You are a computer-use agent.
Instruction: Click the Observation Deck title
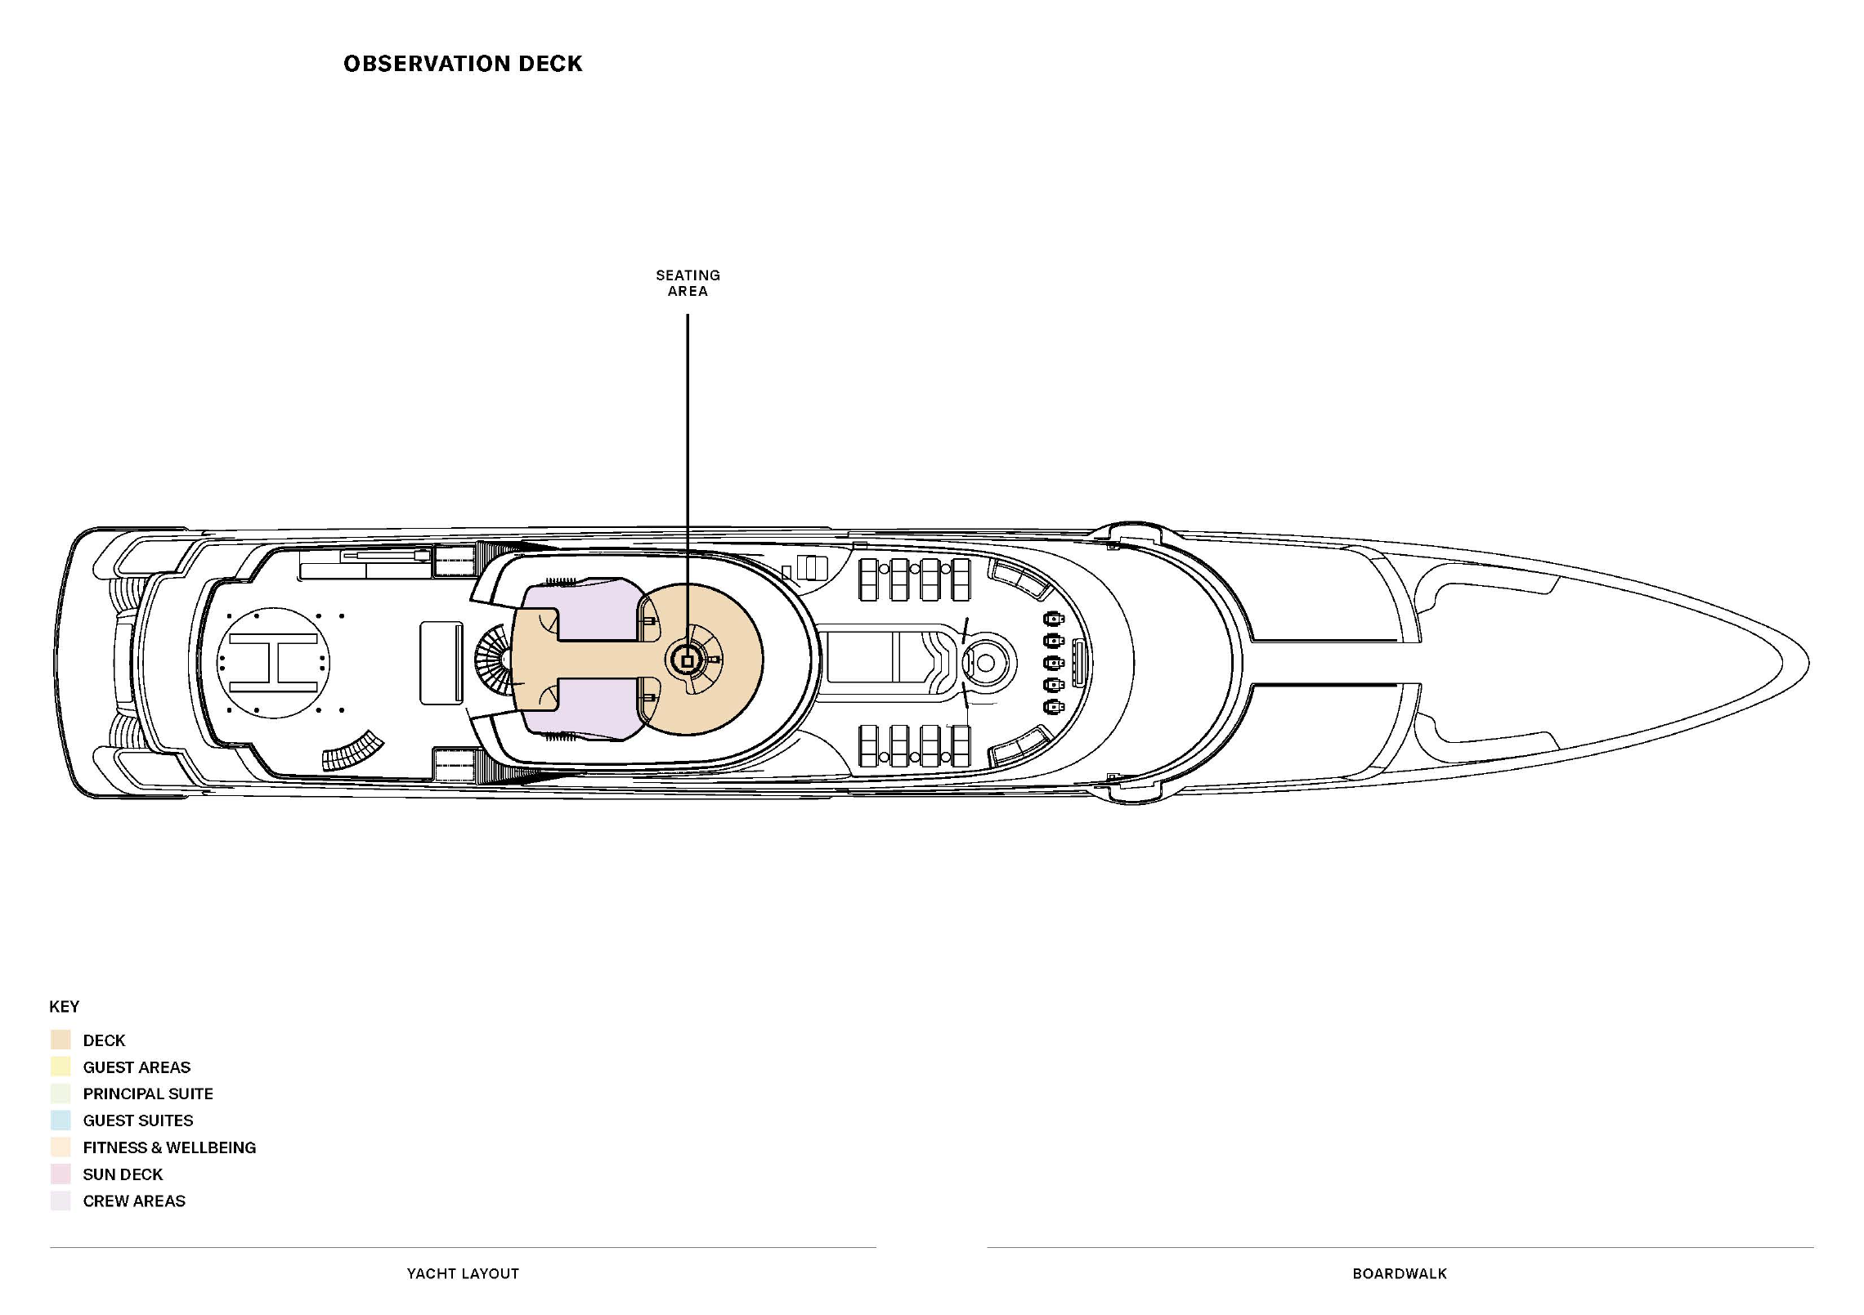click(463, 64)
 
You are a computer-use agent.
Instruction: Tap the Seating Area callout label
click(688, 283)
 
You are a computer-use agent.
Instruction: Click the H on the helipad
click(273, 662)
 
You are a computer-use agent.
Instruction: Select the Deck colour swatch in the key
click(60, 1040)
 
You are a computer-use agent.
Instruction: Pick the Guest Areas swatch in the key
click(60, 1067)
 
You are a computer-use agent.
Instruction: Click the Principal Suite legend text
click(148, 1094)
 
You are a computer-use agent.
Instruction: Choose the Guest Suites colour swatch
click(60, 1120)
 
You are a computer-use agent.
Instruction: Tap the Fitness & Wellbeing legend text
click(169, 1147)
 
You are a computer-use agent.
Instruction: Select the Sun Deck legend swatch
click(60, 1174)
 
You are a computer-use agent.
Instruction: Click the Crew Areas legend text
click(134, 1201)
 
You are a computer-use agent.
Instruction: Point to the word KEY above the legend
click(65, 1006)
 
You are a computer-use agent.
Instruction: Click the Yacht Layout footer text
click(463, 1273)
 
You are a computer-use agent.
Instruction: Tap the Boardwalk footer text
click(1400, 1273)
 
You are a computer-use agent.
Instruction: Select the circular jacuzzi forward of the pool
click(986, 663)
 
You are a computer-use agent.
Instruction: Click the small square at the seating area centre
click(688, 660)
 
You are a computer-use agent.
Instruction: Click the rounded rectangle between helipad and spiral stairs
click(441, 663)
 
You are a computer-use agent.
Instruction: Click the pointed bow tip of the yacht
click(1808, 662)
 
